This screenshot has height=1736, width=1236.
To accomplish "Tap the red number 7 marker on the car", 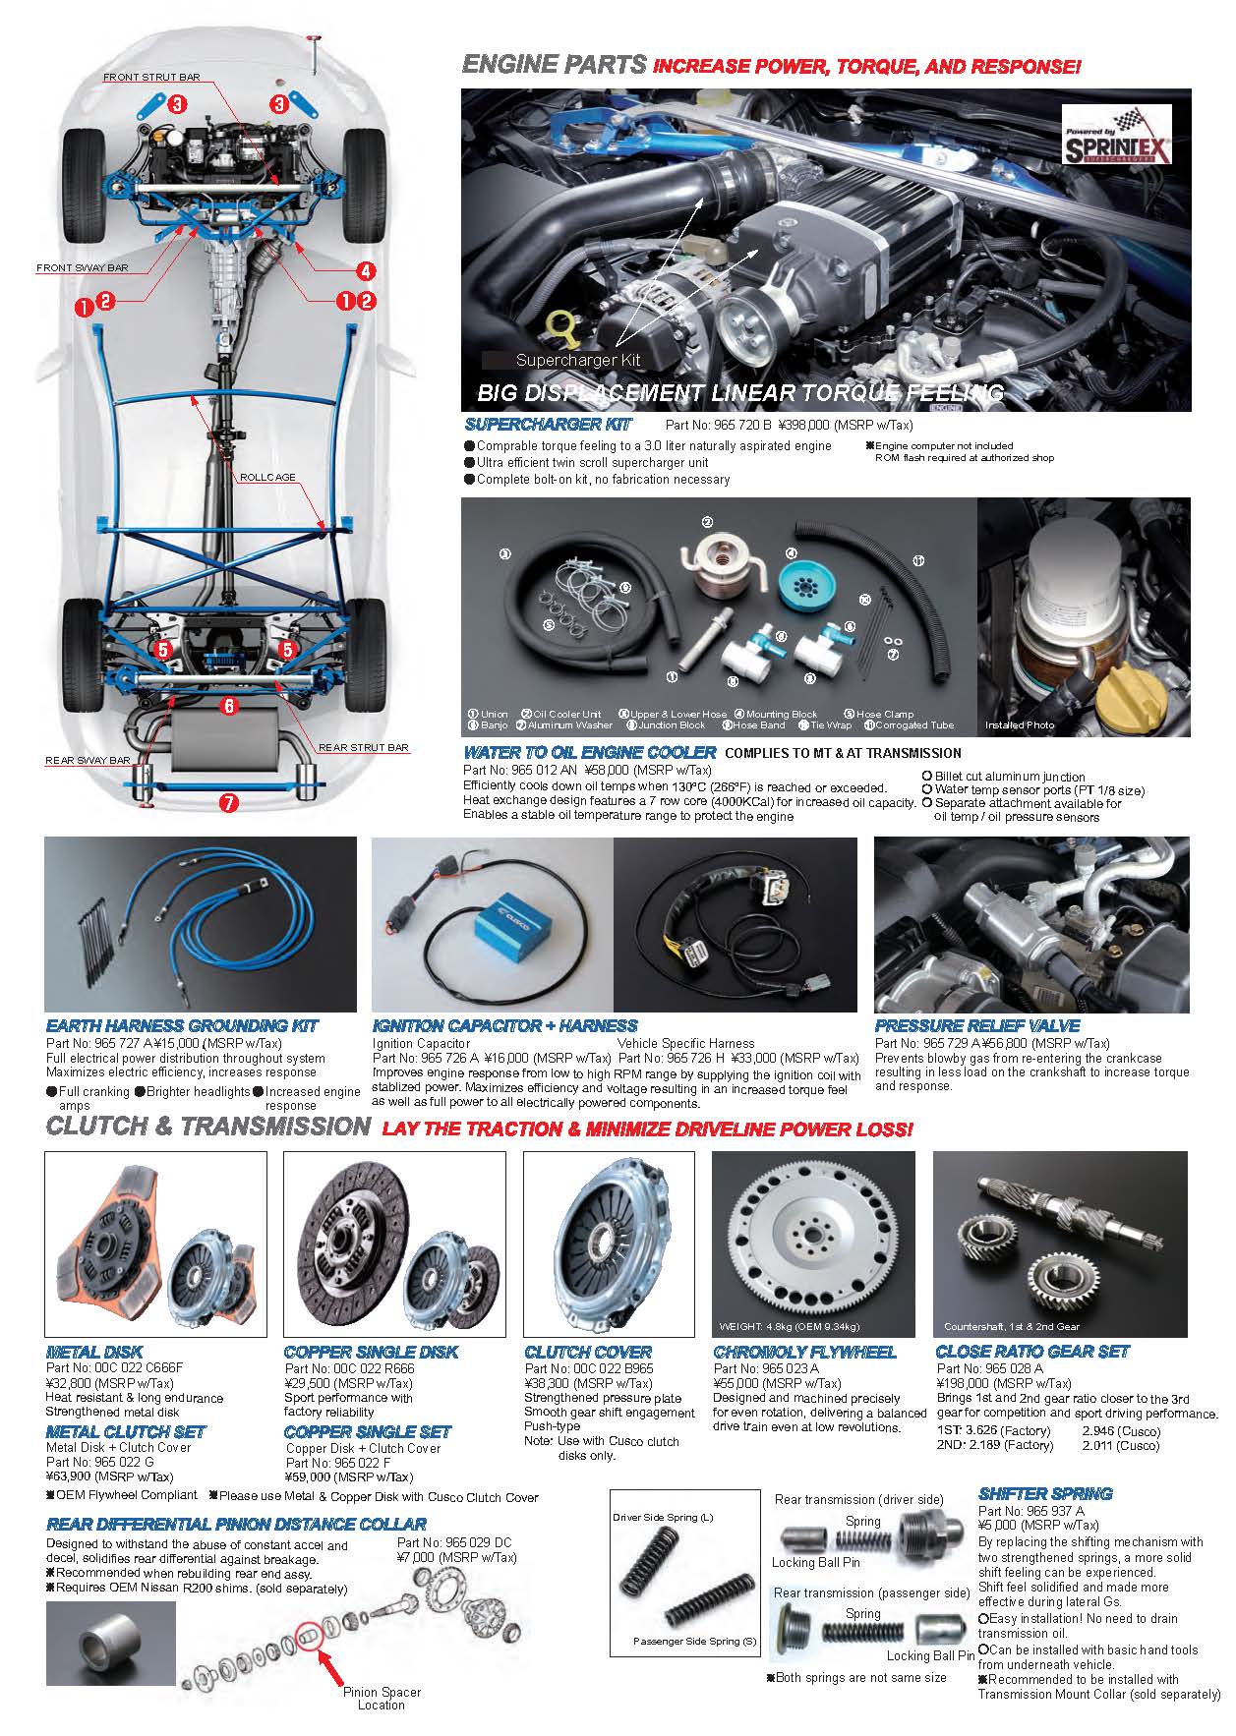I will [x=228, y=802].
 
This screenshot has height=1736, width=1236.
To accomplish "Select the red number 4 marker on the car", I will [x=365, y=270].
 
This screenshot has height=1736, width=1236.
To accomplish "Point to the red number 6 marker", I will [x=228, y=705].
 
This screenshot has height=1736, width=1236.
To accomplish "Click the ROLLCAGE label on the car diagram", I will [x=267, y=478].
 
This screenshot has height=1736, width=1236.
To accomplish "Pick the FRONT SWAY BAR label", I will [x=82, y=267].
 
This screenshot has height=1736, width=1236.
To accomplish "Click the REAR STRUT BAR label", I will [x=363, y=747].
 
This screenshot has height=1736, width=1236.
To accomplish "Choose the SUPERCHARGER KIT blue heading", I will [x=548, y=425].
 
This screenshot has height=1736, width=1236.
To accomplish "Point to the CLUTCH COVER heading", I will [x=588, y=1352].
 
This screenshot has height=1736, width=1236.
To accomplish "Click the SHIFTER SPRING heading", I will [x=1045, y=1493].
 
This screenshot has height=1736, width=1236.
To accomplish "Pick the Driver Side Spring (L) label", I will [x=663, y=1518].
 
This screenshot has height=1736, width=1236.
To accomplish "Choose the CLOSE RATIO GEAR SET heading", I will [x=1031, y=1352].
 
